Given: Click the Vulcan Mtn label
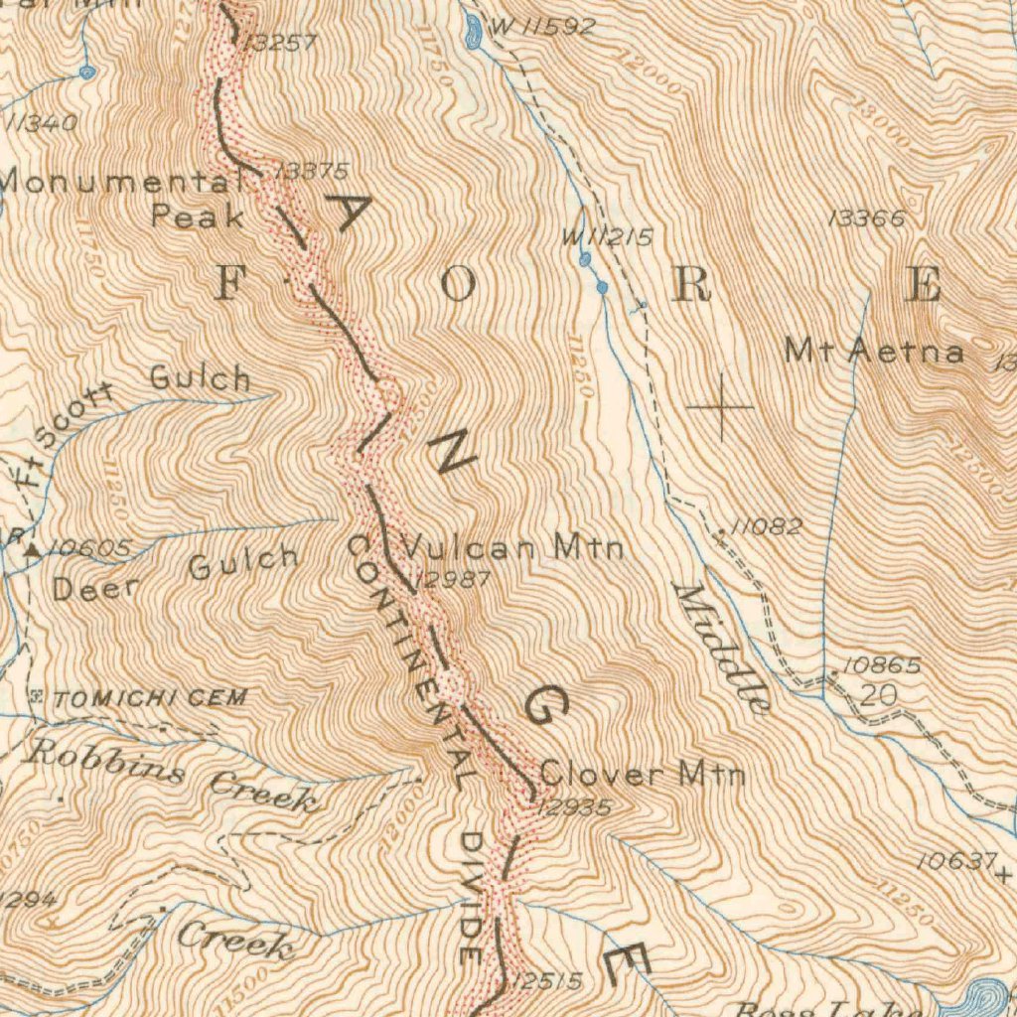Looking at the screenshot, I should [511, 546].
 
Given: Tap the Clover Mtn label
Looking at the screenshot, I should [642, 773].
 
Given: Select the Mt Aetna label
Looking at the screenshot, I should [873, 351].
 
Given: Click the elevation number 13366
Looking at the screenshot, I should [866, 218].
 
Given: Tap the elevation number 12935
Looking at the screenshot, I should [573, 807].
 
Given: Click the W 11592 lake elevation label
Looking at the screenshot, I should [542, 27].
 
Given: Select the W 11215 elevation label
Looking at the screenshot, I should [607, 237].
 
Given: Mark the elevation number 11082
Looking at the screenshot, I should [767, 527].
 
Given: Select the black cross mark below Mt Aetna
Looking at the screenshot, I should [720, 406].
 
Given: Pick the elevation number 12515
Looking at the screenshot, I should [548, 981].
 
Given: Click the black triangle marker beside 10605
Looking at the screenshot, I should [33, 548].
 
